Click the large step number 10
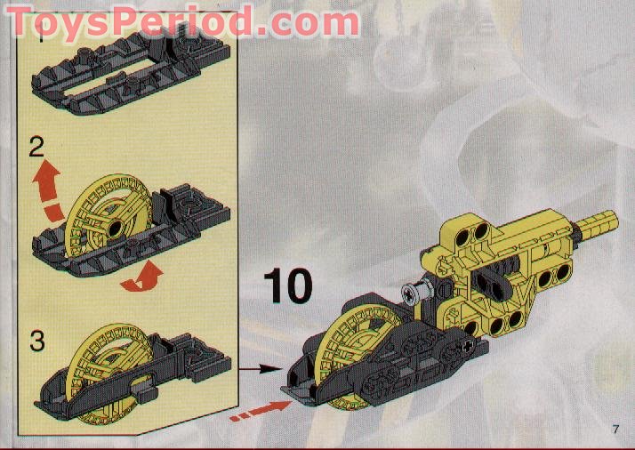coord(288,286)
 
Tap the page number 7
coord(615,431)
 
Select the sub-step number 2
coord(36,147)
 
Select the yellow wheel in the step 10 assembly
coord(342,356)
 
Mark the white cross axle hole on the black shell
coord(469,342)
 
